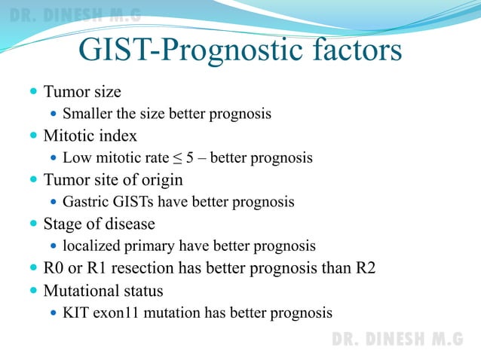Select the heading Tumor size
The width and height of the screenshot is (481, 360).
pyautogui.click(x=82, y=92)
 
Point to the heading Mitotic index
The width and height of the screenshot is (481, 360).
pyautogui.click(x=90, y=136)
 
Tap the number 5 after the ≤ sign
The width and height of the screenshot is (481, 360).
pyautogui.click(x=190, y=159)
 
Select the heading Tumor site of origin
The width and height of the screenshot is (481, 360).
pyautogui.click(x=113, y=181)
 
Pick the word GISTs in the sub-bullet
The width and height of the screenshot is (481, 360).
pyautogui.click(x=131, y=203)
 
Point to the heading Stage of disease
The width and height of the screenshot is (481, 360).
pyautogui.click(x=99, y=224)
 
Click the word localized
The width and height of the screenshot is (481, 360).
pyautogui.click(x=90, y=246)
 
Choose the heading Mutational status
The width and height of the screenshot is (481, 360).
pyautogui.click(x=103, y=291)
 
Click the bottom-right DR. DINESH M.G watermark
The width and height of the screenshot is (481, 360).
pyautogui.click(x=397, y=339)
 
